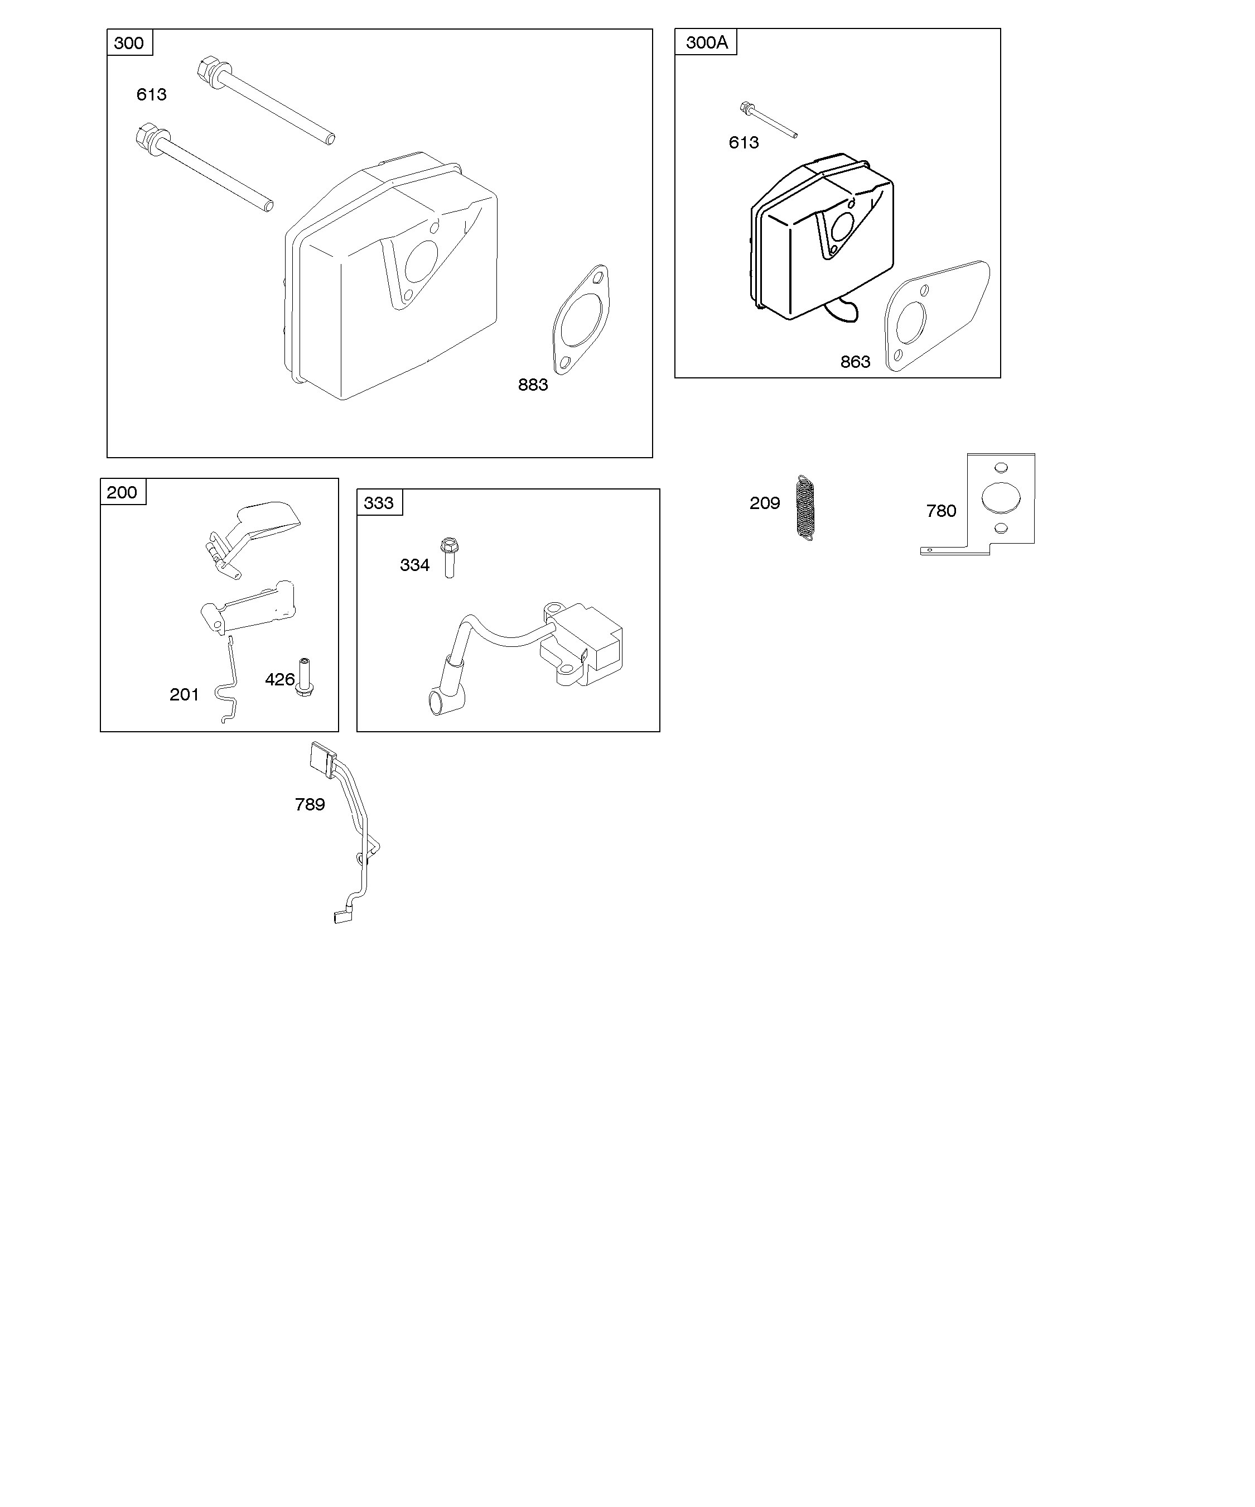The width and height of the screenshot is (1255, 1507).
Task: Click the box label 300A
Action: (x=706, y=42)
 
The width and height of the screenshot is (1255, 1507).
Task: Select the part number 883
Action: (x=533, y=385)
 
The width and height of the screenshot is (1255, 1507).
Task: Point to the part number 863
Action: (x=856, y=362)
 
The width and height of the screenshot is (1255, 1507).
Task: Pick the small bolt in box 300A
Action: (x=768, y=119)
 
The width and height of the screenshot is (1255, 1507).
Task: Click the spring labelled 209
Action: (x=806, y=507)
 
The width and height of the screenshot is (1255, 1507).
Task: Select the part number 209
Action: (x=765, y=503)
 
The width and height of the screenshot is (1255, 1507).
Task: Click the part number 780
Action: (x=941, y=511)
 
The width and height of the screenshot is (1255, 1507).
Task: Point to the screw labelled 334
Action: (x=450, y=557)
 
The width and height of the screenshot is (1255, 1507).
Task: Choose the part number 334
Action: (x=414, y=565)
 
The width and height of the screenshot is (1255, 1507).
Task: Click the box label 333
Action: (x=379, y=503)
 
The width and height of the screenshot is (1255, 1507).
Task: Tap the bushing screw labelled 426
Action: (x=305, y=678)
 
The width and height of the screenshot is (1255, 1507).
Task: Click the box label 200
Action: (x=122, y=492)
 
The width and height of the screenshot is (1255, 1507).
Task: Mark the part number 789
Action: (x=310, y=804)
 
